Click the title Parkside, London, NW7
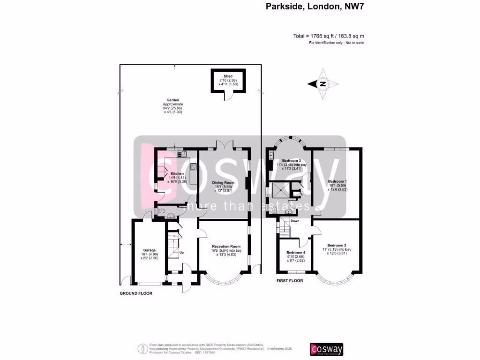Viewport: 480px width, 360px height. tap(315, 7)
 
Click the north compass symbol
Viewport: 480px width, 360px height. tap(323, 84)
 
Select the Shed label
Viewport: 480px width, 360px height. tap(228, 75)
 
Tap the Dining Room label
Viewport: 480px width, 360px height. tap(223, 183)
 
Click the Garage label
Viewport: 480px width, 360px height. tap(150, 250)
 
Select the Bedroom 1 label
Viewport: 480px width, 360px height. tap(337, 181)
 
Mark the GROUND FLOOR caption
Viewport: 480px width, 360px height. tap(135, 293)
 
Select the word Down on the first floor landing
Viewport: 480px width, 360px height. tap(295, 221)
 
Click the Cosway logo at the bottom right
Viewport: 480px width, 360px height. tap(327, 349)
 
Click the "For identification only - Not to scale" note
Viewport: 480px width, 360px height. tap(337, 43)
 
